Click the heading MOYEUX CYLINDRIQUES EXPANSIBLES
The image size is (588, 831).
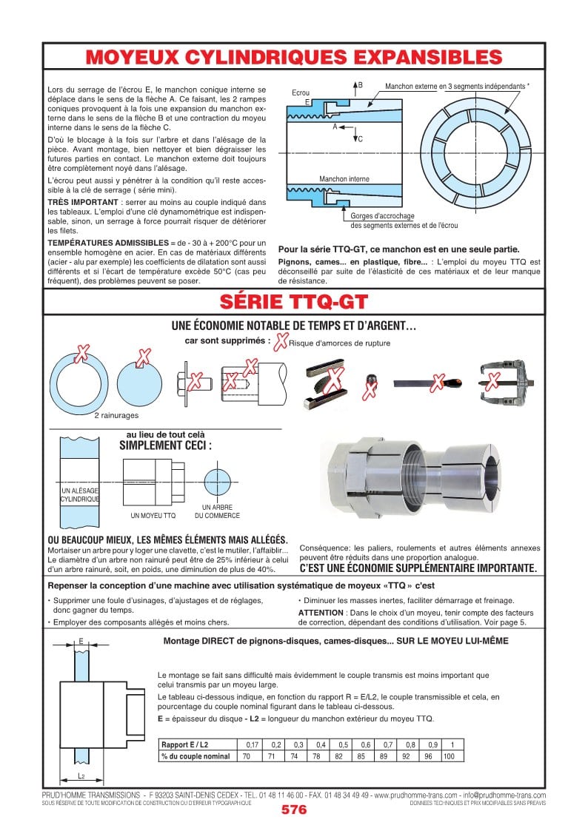[294, 57]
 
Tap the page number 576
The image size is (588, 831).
[294, 810]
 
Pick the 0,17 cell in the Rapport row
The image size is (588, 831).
[252, 744]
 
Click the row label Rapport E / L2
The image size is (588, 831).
[186, 744]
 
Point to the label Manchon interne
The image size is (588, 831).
[344, 179]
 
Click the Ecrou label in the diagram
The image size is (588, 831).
[301, 93]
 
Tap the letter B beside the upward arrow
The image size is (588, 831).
[361, 86]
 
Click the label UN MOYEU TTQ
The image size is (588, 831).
[153, 515]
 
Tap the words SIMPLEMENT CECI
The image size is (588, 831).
[165, 445]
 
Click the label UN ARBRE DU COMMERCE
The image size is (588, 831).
[217, 511]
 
